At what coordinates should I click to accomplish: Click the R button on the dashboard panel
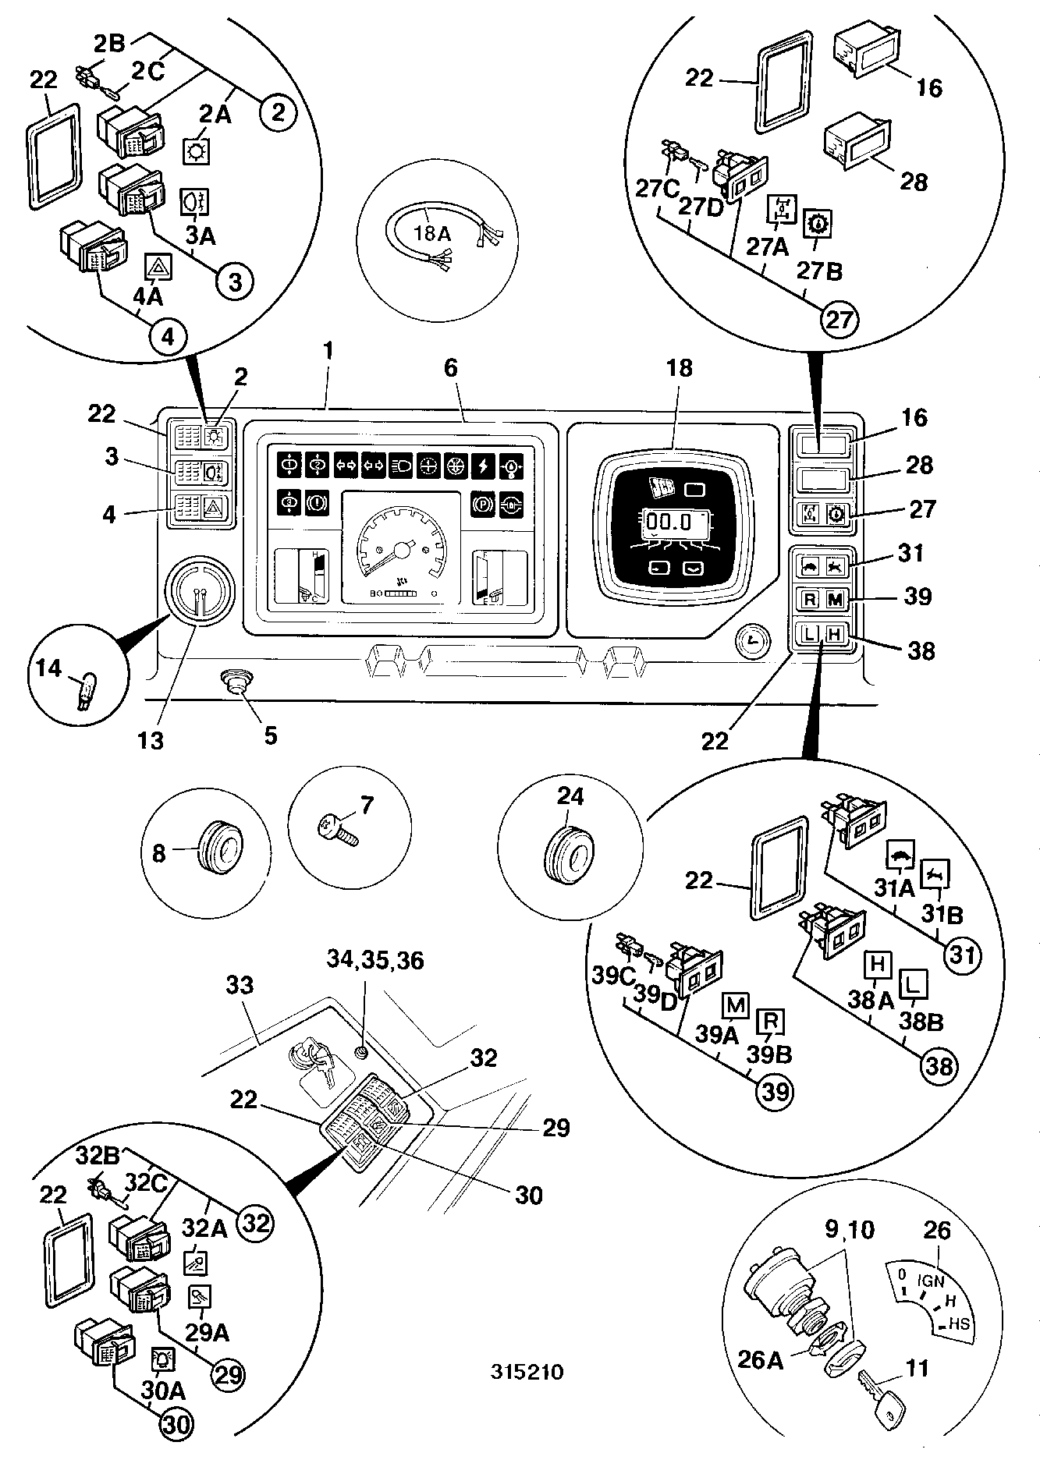811,599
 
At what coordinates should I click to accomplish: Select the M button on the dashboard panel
834,599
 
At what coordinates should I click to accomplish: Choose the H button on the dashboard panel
834,633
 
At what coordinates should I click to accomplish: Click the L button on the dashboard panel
811,633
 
